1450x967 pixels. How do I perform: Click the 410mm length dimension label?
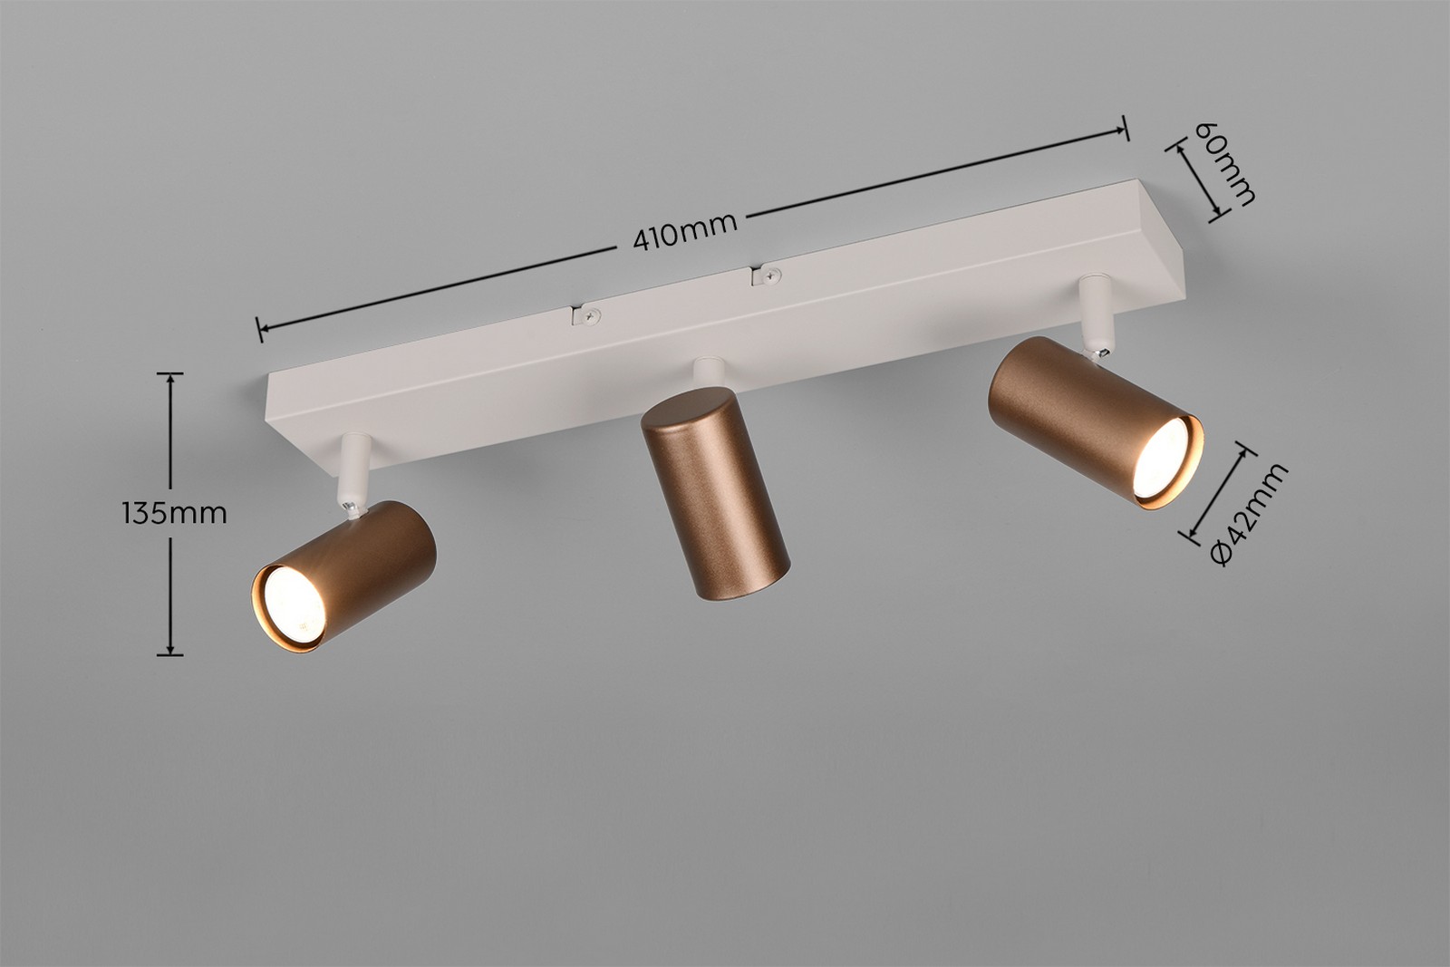point(685,231)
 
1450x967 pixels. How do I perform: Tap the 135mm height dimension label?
point(174,513)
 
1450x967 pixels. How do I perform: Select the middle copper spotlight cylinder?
point(715,492)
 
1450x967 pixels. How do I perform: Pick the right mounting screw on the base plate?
point(770,276)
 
